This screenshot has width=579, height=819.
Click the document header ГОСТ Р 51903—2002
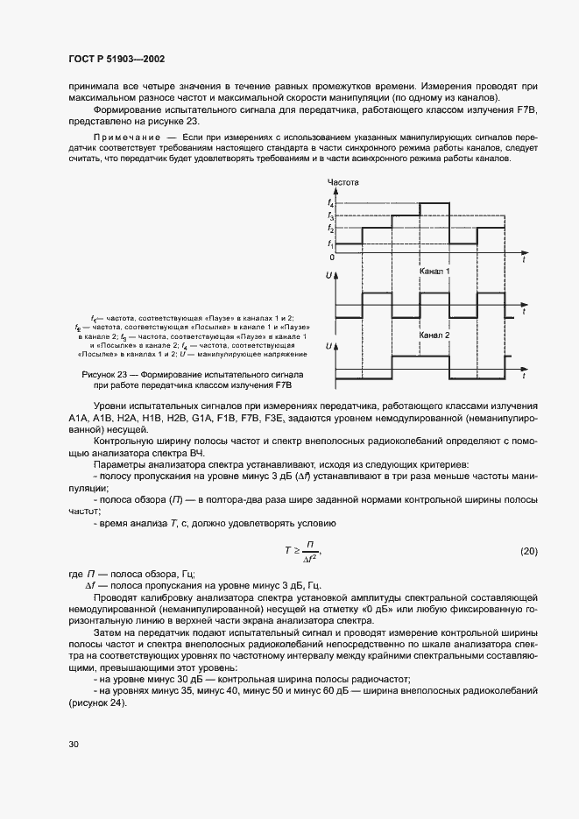pos(117,60)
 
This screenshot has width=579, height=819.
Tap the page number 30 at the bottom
pos(74,745)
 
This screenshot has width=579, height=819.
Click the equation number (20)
pos(528,551)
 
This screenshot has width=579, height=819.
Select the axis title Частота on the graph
pos(342,182)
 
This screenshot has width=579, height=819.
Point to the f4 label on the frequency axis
pos(331,203)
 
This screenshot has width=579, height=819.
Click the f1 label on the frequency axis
pos(330,244)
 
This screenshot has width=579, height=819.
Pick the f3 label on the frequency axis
pos(330,215)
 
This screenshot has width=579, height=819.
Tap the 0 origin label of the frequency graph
pos(331,258)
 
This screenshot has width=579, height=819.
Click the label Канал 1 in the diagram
pos(434,272)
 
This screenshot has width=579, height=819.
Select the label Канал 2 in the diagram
pos(434,335)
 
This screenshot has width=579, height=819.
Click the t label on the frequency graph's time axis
pos(523,261)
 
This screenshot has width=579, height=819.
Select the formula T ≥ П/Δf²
pos(301,551)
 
